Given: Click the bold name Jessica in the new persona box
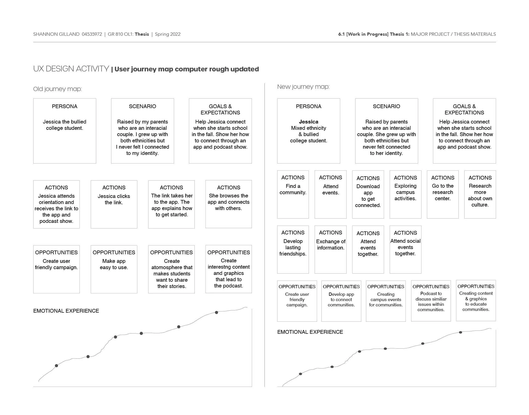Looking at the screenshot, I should point(308,122).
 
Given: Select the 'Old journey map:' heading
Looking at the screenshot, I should point(57,89).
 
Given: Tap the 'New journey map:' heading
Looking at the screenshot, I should point(303,87).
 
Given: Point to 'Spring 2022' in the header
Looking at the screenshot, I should point(168,34).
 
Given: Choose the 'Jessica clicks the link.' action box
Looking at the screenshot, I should point(114,204).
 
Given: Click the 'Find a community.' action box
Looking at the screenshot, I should point(293,194).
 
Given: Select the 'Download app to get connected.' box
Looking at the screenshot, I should point(368,194).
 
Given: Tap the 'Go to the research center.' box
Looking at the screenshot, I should point(443,194).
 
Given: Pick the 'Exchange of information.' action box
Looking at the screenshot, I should point(330,249).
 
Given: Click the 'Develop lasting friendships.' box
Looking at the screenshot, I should point(293,249).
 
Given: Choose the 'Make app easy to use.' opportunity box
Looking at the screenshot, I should point(114,269).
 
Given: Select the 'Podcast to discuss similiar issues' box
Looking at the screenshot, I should point(431,301).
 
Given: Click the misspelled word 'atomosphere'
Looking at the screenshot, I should point(172,267).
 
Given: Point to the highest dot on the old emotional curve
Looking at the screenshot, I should point(216,312).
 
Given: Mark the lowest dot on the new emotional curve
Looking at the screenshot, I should point(300,374).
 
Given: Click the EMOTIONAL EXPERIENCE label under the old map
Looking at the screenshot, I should point(66,311).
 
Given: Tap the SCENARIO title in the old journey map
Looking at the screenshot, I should point(142,106).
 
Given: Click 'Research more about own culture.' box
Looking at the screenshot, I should point(480,194).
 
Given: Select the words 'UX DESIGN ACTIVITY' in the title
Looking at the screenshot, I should point(71,69).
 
